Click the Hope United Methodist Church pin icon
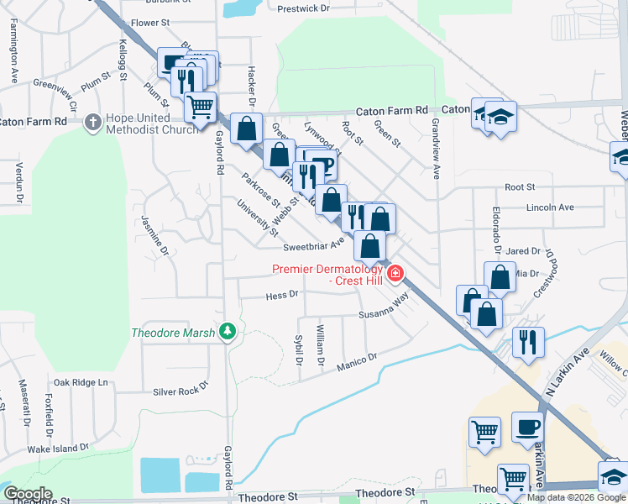point(92,122)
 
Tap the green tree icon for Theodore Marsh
point(227,333)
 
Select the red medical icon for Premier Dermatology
point(395,274)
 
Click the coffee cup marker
point(527,428)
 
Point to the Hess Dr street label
point(282,295)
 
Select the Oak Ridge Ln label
point(81,382)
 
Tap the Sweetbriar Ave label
point(313,247)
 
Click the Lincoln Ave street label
point(550,207)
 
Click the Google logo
point(28,494)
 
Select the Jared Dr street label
point(523,251)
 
